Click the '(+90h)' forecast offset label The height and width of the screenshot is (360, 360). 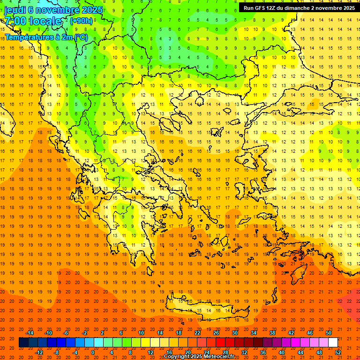(x=81, y=21)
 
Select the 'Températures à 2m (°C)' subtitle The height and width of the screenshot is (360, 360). (x=46, y=37)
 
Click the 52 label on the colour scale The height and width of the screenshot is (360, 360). (x=338, y=352)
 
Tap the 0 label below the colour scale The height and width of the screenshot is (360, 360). (x=92, y=352)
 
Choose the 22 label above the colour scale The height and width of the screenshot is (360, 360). (x=197, y=333)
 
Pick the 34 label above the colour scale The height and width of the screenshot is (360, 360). (x=254, y=333)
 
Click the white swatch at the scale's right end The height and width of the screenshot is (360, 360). (x=333, y=343)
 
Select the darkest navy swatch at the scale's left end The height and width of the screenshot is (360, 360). (x=23, y=343)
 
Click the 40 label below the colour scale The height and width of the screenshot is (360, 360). (x=282, y=352)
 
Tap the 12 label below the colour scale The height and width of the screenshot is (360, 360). (x=150, y=352)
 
